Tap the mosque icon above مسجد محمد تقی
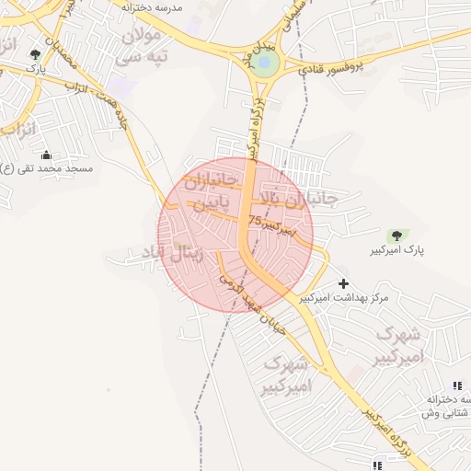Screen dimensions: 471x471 (46, 155)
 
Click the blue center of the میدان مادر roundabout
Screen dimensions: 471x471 (265, 63)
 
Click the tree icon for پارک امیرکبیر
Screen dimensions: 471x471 (397, 236)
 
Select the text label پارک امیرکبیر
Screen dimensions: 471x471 (398, 252)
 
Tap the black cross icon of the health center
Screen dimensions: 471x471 (344, 283)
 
